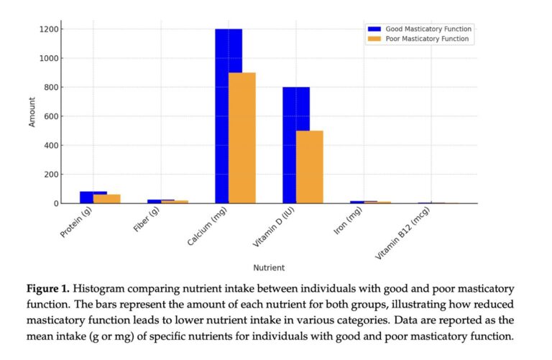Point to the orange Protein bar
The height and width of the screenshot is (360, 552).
point(107,199)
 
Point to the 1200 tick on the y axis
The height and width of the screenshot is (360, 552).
point(50,29)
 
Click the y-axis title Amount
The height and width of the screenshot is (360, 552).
point(32,114)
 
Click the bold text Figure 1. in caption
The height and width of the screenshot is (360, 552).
point(47,288)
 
